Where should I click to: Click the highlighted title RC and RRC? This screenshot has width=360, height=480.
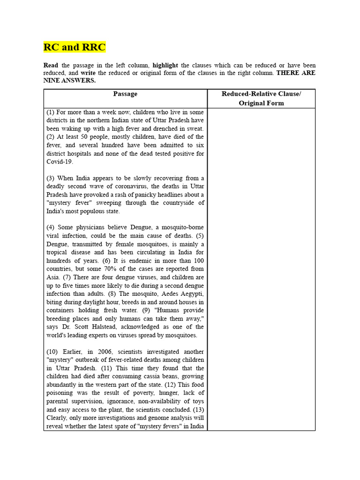pyautogui.click(x=75, y=47)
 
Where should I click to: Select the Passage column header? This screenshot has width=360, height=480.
pyautogui.click(x=125, y=94)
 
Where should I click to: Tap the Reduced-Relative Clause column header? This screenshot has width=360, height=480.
pyautogui.click(x=261, y=94)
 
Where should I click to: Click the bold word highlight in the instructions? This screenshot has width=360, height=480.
pyautogui.click(x=165, y=65)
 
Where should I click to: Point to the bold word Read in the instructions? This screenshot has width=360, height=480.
pyautogui.click(x=51, y=65)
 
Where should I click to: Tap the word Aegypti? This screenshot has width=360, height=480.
pyautogui.click(x=191, y=293)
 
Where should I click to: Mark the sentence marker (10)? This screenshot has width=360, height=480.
pyautogui.click(x=52, y=352)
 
